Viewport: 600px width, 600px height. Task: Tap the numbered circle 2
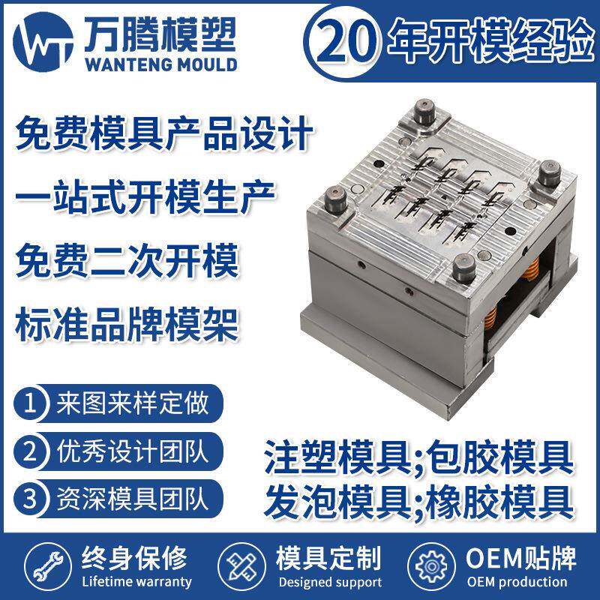(x=31, y=452)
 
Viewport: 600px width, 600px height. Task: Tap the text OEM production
(x=517, y=581)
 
